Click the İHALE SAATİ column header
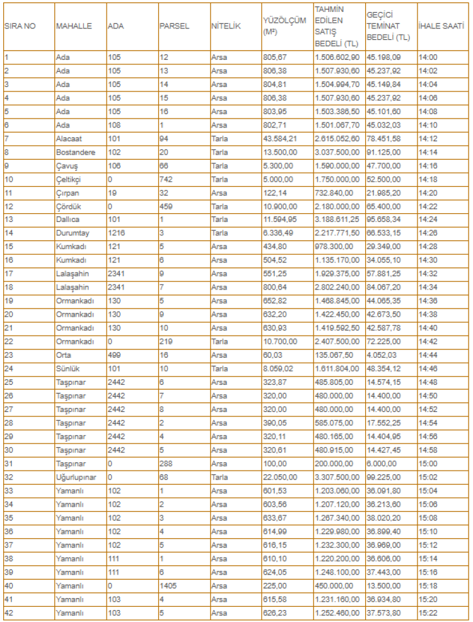pyautogui.click(x=436, y=26)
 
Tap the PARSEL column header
pyautogui.click(x=174, y=26)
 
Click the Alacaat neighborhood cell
pyautogui.click(x=69, y=138)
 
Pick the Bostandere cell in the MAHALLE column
pyautogui.click(x=74, y=152)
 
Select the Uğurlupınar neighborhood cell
pyautogui.click(x=76, y=477)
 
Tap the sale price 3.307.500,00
pyautogui.click(x=337, y=477)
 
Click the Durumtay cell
pyautogui.click(x=72, y=233)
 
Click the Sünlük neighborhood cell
pyautogui.click(x=68, y=368)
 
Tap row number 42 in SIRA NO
pyautogui.click(x=9, y=613)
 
